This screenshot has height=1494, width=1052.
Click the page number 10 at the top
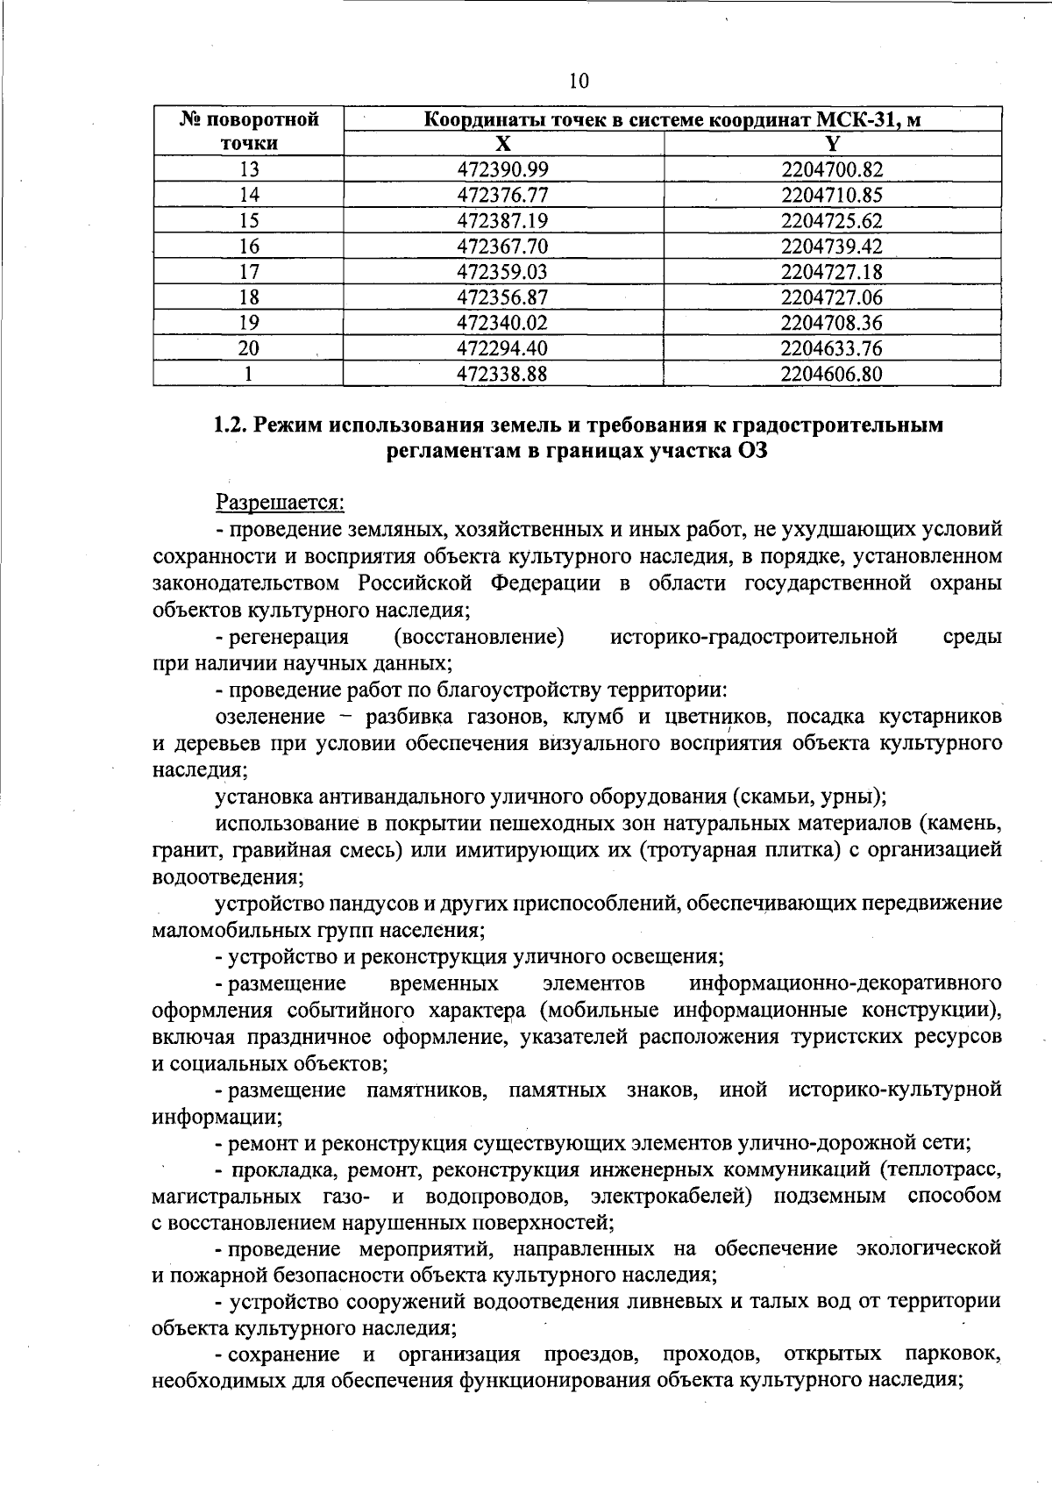(x=579, y=82)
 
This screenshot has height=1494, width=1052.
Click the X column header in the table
(x=503, y=144)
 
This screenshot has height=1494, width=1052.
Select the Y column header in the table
(x=832, y=144)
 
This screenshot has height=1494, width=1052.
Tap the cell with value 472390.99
(x=503, y=169)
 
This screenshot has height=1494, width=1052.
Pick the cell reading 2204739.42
(x=832, y=246)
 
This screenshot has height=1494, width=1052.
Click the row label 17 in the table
(x=249, y=272)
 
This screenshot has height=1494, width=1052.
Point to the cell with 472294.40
(x=503, y=348)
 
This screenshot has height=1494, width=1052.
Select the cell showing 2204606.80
(x=832, y=375)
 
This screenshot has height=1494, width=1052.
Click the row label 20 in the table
(x=249, y=348)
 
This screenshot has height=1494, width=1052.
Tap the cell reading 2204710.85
(x=832, y=195)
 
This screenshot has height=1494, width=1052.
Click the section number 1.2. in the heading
(x=233, y=425)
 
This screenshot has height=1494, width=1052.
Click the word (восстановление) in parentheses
(x=479, y=636)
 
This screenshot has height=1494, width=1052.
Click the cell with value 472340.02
(x=503, y=323)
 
